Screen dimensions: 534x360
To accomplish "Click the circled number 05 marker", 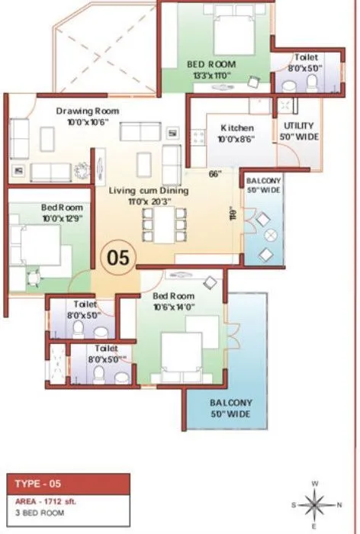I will [118, 256].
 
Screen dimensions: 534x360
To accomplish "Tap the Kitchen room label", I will [237, 127].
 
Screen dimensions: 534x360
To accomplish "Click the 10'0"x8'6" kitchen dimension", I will [237, 139].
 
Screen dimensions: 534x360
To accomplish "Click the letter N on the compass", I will [340, 505].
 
